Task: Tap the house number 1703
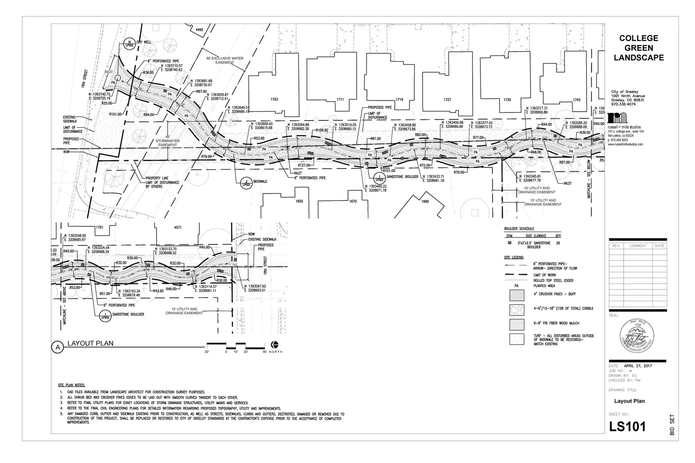pyautogui.click(x=274, y=100)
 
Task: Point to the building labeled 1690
pyautogui.click(x=425, y=201)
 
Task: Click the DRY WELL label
pyautogui.click(x=144, y=42)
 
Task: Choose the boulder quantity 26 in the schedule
pyautogui.click(x=558, y=243)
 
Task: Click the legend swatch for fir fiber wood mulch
pyautogui.click(x=517, y=324)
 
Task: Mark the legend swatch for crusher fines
pyautogui.click(x=517, y=295)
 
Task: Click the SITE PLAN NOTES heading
pyautogui.click(x=71, y=385)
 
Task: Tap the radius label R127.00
pyautogui.click(x=304, y=165)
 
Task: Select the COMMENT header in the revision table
pyautogui.click(x=638, y=246)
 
